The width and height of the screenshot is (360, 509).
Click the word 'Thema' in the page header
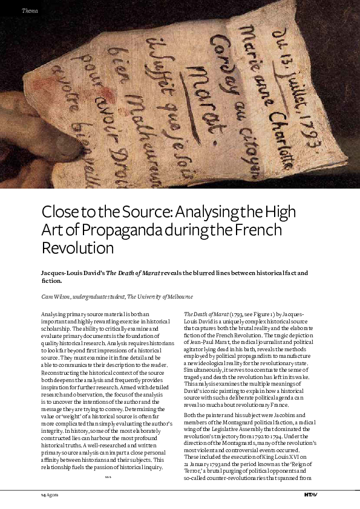30,11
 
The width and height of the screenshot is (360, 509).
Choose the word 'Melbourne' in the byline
176,297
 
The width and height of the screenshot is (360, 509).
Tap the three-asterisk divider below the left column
108,477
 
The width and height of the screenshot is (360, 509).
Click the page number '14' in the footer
36,494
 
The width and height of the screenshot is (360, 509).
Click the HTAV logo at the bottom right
310,494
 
